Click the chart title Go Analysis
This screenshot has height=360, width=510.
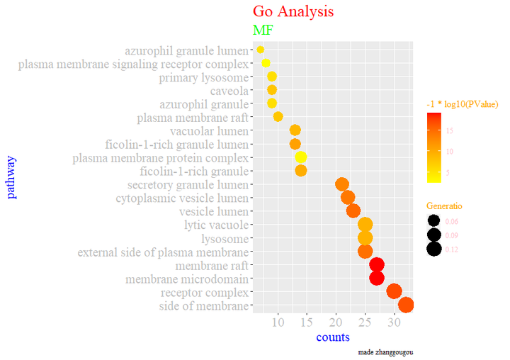[x=293, y=12]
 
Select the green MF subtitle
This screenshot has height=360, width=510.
[x=263, y=30]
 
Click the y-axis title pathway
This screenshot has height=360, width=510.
[x=11, y=177]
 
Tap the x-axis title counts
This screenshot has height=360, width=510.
[x=333, y=337]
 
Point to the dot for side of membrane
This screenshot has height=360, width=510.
[x=406, y=305]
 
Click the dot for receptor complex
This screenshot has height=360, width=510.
[x=395, y=291]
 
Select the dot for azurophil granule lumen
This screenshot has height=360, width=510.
[x=261, y=50]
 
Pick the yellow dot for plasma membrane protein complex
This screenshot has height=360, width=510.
[x=300, y=157]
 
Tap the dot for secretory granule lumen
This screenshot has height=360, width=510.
[x=342, y=184]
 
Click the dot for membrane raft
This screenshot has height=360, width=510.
[x=377, y=265]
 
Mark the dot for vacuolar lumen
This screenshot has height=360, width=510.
[x=295, y=130]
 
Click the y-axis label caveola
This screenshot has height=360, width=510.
[x=229, y=91]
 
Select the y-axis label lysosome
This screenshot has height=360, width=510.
[x=225, y=239]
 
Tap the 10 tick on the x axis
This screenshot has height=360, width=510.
[x=278, y=323]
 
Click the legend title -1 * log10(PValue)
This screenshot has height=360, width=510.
[x=462, y=104]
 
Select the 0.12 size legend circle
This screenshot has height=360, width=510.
[x=434, y=249]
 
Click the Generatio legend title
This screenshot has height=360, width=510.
[x=444, y=206]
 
